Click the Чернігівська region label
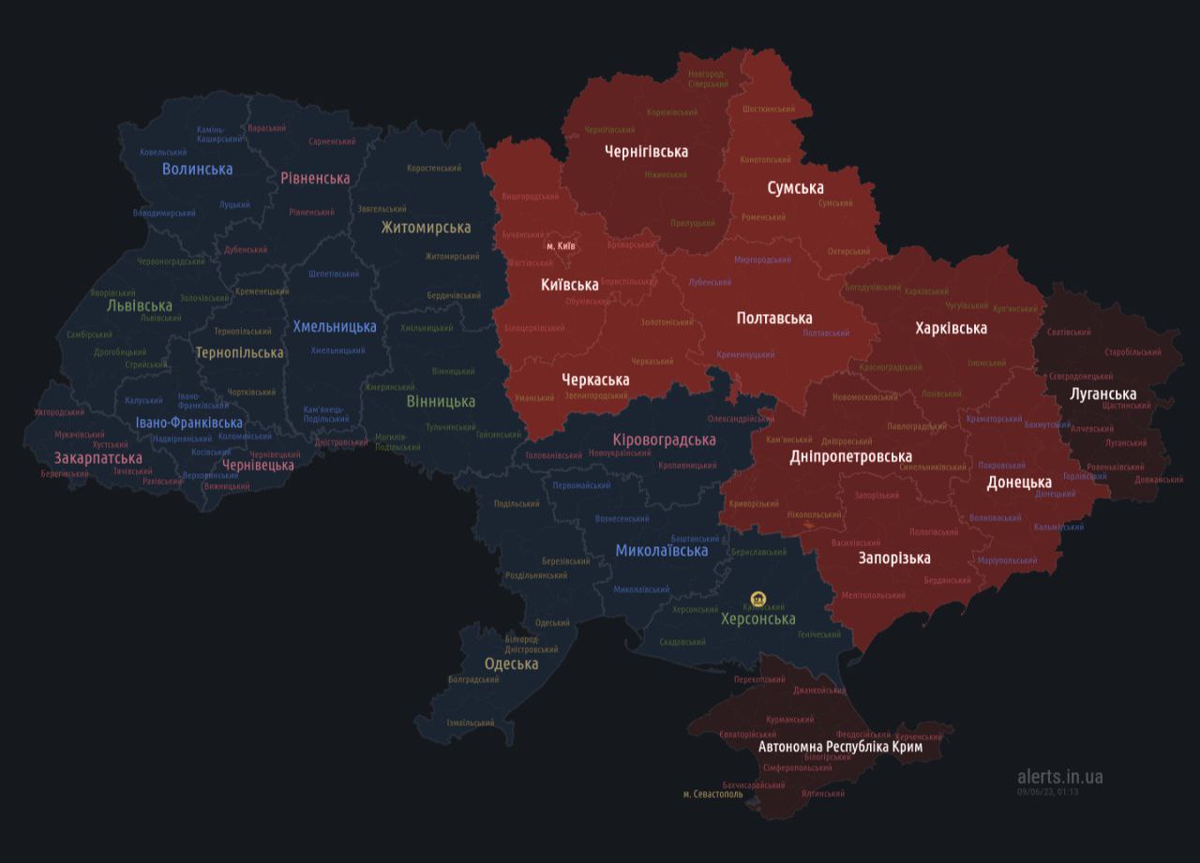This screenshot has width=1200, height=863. pyautogui.click(x=646, y=151)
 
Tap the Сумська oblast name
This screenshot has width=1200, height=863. pyautogui.click(x=795, y=187)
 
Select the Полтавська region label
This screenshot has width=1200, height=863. pyautogui.click(x=773, y=318)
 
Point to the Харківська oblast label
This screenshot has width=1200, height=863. pyautogui.click(x=951, y=328)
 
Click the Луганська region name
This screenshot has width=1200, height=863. pyautogui.click(x=1102, y=394)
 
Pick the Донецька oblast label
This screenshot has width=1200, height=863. pyautogui.click(x=1018, y=483)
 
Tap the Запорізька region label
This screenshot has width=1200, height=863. pyautogui.click(x=894, y=558)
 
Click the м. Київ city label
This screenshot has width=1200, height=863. pyautogui.click(x=561, y=246)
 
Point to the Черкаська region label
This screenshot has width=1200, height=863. pyautogui.click(x=595, y=379)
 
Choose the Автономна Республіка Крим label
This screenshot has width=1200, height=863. pyautogui.click(x=840, y=747)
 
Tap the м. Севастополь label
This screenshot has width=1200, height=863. pyautogui.click(x=712, y=795)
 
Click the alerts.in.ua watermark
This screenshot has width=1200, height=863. pyautogui.click(x=1059, y=776)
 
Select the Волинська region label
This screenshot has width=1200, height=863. pyautogui.click(x=197, y=169)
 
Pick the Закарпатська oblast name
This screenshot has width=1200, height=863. pyautogui.click(x=97, y=458)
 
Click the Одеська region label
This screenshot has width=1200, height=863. pyautogui.click(x=511, y=663)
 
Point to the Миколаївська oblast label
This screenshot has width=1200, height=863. pyautogui.click(x=661, y=550)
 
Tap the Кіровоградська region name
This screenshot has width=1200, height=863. pyautogui.click(x=663, y=439)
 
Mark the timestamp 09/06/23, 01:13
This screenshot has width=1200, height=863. pyautogui.click(x=1047, y=792)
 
